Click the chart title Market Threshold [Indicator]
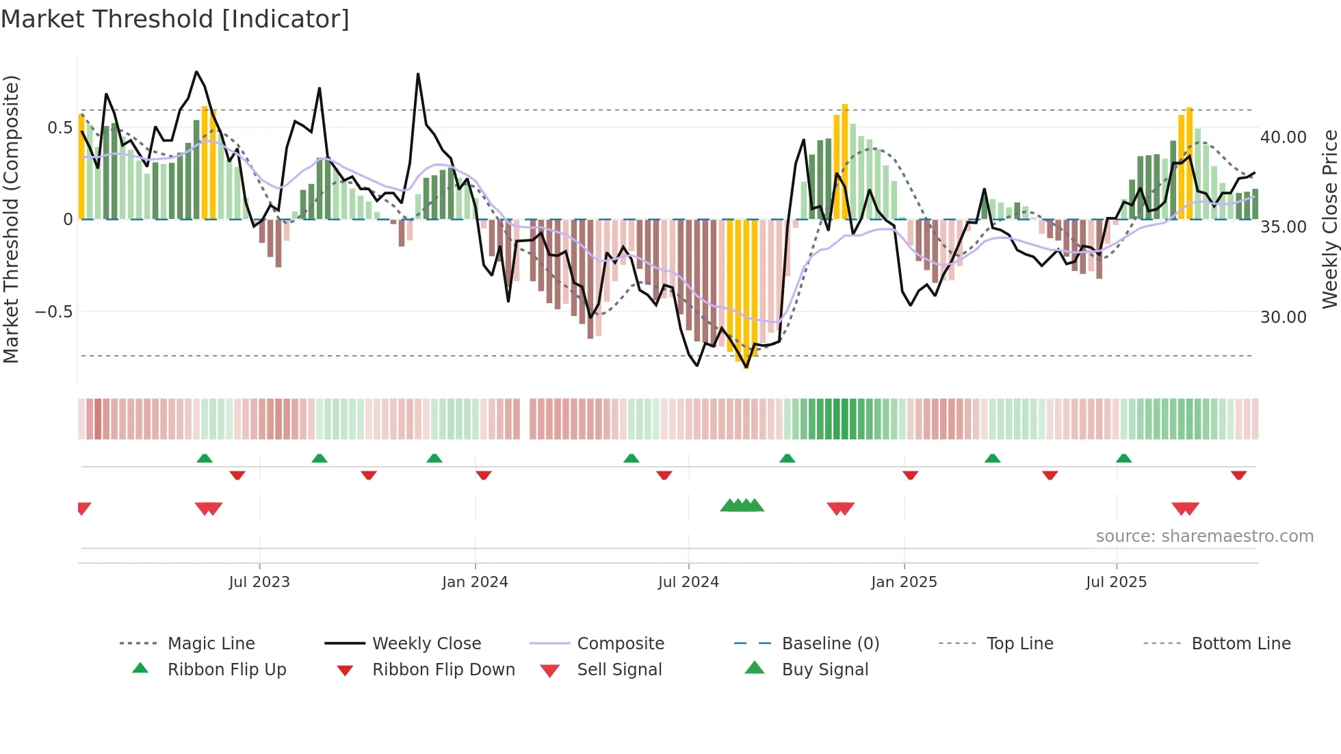175,19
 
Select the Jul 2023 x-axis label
259,582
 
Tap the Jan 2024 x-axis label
475,582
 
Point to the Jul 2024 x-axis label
688,582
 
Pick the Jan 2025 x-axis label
904,582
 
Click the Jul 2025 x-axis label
1116,582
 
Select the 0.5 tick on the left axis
60,128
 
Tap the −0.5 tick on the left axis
54,312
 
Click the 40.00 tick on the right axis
1284,138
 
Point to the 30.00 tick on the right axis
1284,317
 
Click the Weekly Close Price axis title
1329,219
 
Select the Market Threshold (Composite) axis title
11,219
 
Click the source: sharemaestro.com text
1204,536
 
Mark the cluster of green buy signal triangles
742,506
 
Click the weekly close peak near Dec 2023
418,75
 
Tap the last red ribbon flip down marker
1238,475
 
